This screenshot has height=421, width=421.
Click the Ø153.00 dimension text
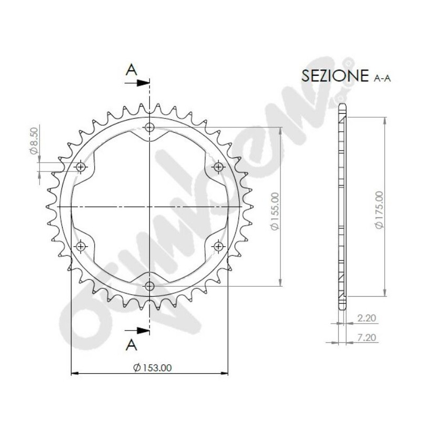[153, 368]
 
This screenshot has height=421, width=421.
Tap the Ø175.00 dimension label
[379, 209]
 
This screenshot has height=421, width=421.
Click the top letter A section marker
[132, 69]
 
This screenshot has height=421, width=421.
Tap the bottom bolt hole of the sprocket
[150, 286]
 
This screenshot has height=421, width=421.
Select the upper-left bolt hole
[81, 167]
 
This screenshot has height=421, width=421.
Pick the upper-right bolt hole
[218, 167]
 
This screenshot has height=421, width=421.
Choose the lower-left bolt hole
[81, 246]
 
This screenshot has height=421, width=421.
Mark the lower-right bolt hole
[218, 246]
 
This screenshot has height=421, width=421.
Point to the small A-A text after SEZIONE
[383, 78]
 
